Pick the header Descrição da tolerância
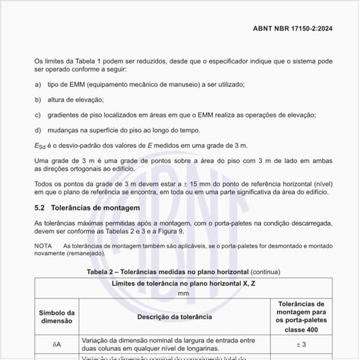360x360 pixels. point(173,317)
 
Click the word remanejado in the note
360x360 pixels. point(86,253)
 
